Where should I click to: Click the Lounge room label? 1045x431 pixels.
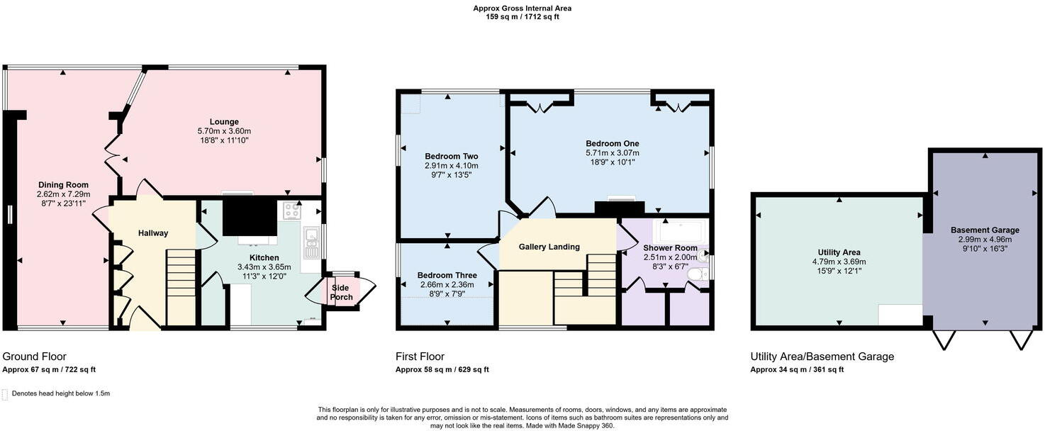pyautogui.click(x=224, y=122)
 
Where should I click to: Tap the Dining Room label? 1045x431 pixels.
pyautogui.click(x=63, y=185)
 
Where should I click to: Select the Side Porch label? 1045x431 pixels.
pyautogui.click(x=341, y=293)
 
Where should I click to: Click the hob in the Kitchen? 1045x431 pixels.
pyautogui.click(x=292, y=211)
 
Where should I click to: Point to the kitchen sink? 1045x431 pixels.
pyautogui.click(x=311, y=242)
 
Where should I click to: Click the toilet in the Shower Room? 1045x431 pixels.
pyautogui.click(x=697, y=274)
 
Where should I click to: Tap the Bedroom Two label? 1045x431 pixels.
pyautogui.click(x=451, y=156)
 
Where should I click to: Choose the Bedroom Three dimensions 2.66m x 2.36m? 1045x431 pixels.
pyautogui.click(x=447, y=284)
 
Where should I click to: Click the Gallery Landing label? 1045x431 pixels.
pyautogui.click(x=549, y=247)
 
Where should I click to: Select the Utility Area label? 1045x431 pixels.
pyautogui.click(x=839, y=252)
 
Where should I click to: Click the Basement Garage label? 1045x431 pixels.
pyautogui.click(x=985, y=230)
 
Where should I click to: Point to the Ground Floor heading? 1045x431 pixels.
pyautogui.click(x=35, y=357)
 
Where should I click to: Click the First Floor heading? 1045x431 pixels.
pyautogui.click(x=420, y=357)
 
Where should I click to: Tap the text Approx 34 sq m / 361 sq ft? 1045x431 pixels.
pyautogui.click(x=797, y=369)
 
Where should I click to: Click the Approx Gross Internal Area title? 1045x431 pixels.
pyautogui.click(x=522, y=8)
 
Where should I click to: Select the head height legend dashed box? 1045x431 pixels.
pyautogui.click(x=5, y=394)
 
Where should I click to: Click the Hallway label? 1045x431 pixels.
pyautogui.click(x=153, y=233)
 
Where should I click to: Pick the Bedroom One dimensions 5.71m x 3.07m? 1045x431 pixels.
pyautogui.click(x=613, y=153)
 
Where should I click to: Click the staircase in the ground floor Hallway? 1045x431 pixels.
pyautogui.click(x=181, y=287)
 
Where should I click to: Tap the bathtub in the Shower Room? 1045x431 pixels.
pyautogui.click(x=678, y=230)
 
